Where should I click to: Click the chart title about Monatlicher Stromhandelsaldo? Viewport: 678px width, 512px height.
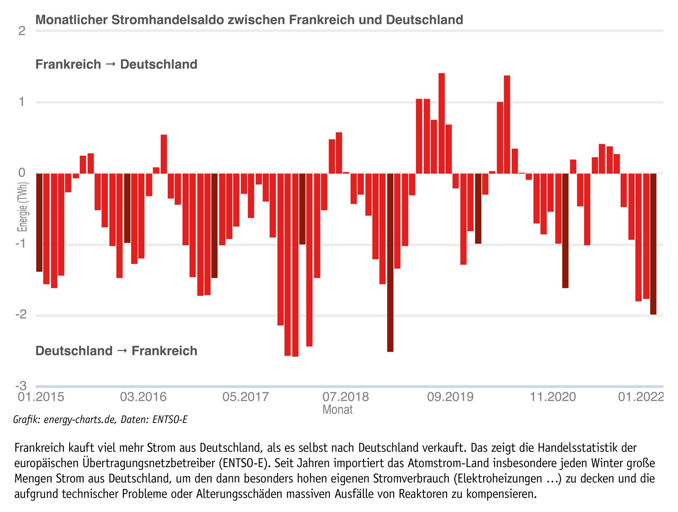249,20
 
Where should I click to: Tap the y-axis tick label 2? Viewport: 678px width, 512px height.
22,31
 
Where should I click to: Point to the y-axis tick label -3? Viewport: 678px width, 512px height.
21,386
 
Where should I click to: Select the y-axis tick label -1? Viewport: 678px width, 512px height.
21,244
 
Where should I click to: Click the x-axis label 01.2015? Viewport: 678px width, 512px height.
41,397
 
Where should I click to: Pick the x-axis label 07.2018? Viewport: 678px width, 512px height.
345,397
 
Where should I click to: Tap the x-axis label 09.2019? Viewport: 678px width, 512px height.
450,397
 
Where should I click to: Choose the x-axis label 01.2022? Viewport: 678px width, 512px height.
641,397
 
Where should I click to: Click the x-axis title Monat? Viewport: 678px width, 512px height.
337,410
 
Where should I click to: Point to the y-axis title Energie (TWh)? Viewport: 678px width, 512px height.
23,207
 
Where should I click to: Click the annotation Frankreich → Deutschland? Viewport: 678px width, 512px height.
116,64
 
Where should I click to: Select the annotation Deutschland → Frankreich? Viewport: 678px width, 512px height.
116,351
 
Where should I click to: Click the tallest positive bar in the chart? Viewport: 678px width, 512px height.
442,123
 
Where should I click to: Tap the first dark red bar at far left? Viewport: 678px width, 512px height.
39,222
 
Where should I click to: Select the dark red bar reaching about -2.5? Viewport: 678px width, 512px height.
390,262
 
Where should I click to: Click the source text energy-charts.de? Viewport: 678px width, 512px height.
80,420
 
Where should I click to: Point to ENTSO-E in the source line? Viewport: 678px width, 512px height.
170,420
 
